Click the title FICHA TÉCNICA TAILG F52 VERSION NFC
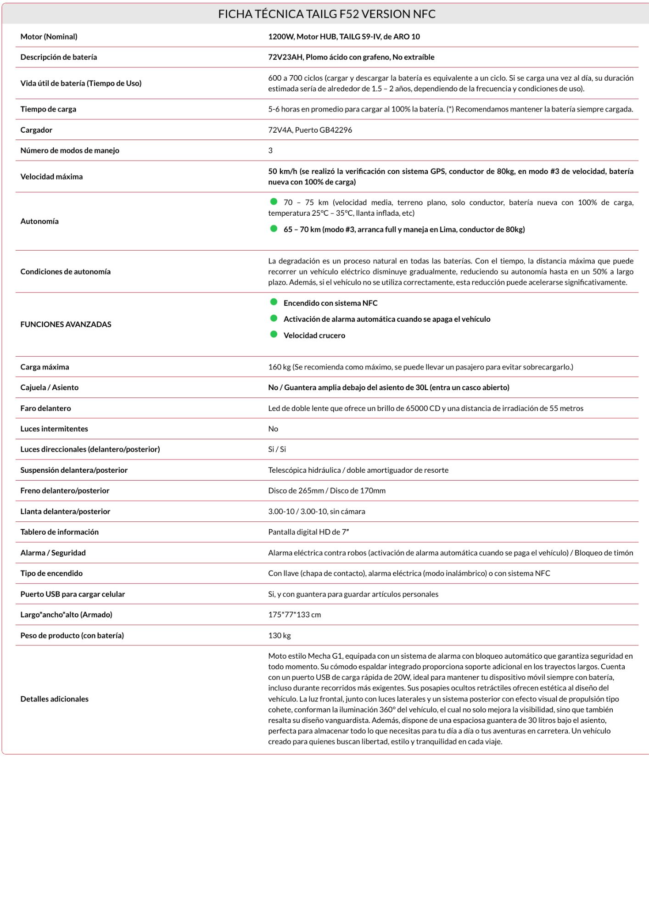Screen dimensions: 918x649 click(x=326, y=14)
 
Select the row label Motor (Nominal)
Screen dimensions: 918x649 click(x=49, y=37)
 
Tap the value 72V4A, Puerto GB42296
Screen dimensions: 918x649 click(x=310, y=130)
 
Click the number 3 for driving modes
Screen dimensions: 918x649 click(x=270, y=151)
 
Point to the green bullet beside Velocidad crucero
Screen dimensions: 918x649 click(x=274, y=335)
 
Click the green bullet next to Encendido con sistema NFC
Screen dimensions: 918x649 click(x=274, y=302)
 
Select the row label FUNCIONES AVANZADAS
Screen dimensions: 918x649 click(x=66, y=325)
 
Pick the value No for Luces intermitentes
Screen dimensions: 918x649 click(x=273, y=429)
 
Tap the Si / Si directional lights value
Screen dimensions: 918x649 click(x=277, y=449)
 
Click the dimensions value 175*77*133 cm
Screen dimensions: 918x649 click(x=294, y=615)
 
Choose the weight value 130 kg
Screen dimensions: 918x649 click(x=279, y=636)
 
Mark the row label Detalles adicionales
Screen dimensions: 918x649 click(x=54, y=699)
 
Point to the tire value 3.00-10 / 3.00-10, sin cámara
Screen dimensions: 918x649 click(x=316, y=511)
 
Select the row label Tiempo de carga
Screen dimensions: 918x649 click(x=48, y=109)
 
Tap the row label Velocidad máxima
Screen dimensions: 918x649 click(x=51, y=177)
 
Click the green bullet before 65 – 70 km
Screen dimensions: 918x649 click(x=274, y=229)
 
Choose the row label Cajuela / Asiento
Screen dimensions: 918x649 click(x=49, y=387)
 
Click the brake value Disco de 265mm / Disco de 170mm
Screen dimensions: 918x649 click(x=326, y=491)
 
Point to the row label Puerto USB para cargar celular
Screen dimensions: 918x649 click(x=73, y=594)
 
